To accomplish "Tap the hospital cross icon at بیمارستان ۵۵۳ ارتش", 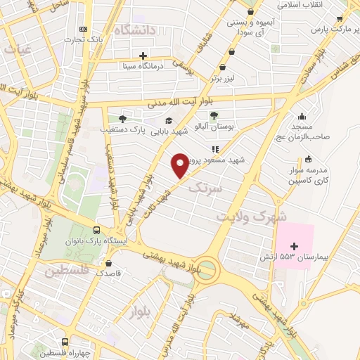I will point(295,246).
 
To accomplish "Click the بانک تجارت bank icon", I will point(84,29).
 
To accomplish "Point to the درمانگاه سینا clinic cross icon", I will point(143,56).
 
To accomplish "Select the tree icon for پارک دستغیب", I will point(122,119).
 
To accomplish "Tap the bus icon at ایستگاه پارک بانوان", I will point(96,230).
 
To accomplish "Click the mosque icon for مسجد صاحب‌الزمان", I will point(302,117).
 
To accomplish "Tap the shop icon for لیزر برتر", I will point(224,68).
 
